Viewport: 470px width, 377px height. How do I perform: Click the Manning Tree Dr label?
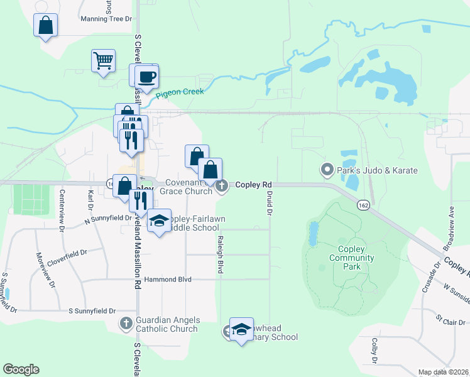106,19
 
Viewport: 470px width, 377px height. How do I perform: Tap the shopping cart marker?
103,61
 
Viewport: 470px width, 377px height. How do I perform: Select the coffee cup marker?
146,77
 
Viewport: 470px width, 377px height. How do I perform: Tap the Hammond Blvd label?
167,279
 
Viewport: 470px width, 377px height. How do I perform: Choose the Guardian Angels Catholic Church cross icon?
126,324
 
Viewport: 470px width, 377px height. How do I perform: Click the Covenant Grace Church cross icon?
222,185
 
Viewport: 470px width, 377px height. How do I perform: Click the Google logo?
21,369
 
